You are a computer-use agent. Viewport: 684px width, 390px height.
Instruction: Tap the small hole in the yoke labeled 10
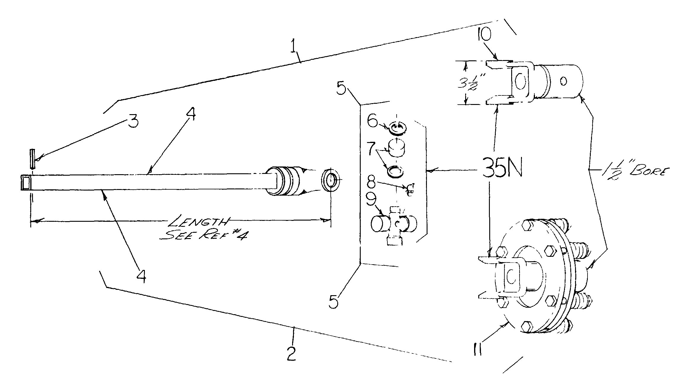(563, 81)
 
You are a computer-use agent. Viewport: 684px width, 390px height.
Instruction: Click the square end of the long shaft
(26, 182)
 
